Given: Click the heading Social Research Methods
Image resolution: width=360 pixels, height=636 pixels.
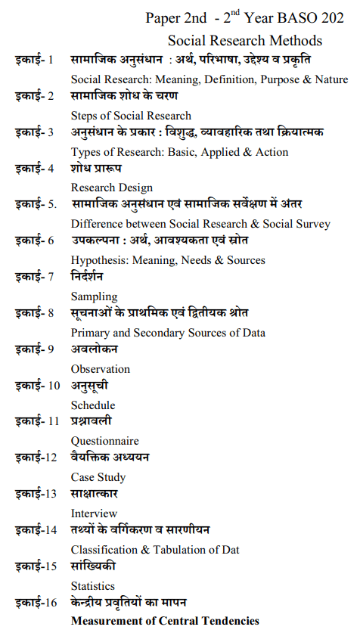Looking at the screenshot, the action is [245, 41].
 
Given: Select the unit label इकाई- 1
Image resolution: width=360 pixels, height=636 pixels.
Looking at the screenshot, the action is [34, 60].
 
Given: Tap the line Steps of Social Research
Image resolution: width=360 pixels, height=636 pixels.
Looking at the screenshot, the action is [131, 116].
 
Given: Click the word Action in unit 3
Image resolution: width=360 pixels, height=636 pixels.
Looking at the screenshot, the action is [270, 152].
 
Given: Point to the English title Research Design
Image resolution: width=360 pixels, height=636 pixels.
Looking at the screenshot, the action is [111, 188].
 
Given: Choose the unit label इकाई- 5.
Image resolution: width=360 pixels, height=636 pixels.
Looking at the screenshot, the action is [36, 204].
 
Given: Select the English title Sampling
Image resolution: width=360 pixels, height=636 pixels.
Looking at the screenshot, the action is [94, 296].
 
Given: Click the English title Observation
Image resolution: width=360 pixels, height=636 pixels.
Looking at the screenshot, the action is [101, 369].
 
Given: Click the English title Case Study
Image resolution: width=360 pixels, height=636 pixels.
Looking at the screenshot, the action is [98, 477].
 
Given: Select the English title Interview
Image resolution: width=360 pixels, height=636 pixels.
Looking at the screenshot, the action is [94, 513].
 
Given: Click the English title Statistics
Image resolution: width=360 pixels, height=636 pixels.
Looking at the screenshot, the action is [93, 586].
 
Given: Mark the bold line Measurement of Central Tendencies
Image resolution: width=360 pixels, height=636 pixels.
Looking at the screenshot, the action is [165, 621].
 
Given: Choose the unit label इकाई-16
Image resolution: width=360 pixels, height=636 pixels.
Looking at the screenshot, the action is [36, 603].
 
